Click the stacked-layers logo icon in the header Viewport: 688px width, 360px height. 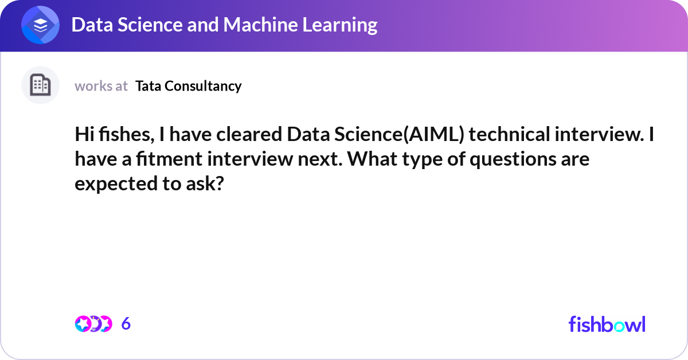[x=40, y=26]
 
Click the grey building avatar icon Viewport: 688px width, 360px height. [x=40, y=85]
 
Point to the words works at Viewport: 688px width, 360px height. [x=101, y=86]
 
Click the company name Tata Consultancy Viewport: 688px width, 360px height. [x=189, y=86]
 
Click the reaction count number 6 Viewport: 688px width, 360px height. [x=126, y=324]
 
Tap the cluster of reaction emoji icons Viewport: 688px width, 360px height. [x=93, y=324]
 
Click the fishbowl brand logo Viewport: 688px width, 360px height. [x=607, y=324]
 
